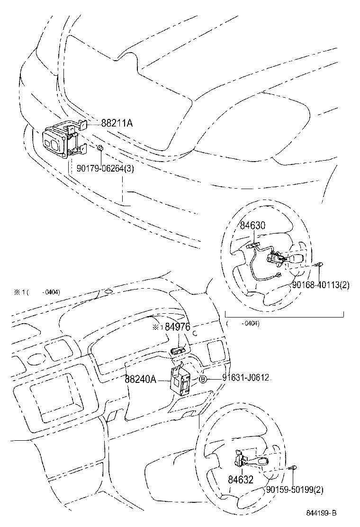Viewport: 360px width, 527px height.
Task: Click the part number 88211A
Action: point(117,123)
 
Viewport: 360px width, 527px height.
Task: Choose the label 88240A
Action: point(141,380)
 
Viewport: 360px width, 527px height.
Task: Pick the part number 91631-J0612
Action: point(246,378)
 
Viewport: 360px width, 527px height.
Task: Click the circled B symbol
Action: point(202,378)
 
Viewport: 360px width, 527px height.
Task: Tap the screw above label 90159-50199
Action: point(294,468)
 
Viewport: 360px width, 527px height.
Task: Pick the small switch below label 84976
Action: point(177,351)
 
